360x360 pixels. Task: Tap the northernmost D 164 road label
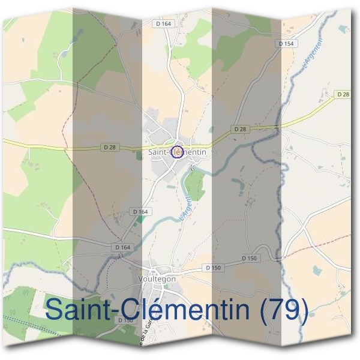tap(163, 23)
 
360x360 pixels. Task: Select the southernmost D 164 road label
tap(122, 247)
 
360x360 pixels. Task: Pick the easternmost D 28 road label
tap(343, 94)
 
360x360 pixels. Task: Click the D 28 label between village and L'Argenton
tap(240, 129)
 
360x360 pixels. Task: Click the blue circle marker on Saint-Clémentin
tap(176, 152)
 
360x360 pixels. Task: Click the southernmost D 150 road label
tap(125, 320)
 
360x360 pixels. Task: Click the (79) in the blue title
tap(281, 310)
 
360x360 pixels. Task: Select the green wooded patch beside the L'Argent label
tap(196, 189)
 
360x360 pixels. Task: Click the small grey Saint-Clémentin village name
tap(177, 152)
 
